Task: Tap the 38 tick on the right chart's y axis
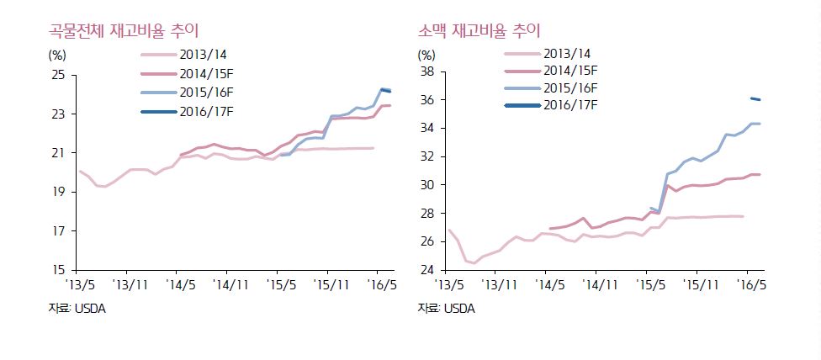coord(426,72)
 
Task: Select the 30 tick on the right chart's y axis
coord(426,185)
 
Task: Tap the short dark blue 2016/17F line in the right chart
coord(755,99)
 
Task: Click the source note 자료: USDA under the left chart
coord(77,308)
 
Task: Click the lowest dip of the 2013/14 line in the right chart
coord(473,263)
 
